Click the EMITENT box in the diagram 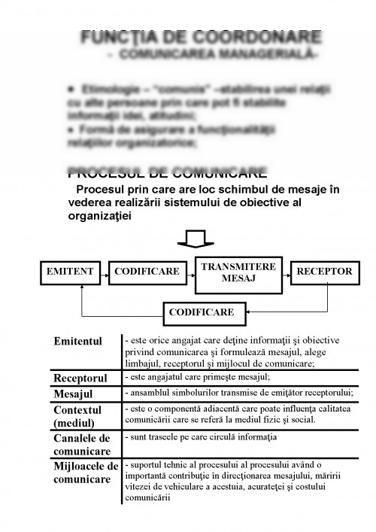tap(70, 271)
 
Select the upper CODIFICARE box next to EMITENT tap(147, 271)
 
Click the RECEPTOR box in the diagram tap(323, 271)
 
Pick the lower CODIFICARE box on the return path tap(201, 312)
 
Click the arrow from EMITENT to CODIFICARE tap(105, 271)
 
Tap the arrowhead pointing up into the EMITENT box tap(80, 287)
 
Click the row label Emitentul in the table tap(77, 342)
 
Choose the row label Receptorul tap(80, 377)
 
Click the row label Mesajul tap(74, 394)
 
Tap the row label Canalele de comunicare tap(81, 444)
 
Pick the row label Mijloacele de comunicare tap(86, 473)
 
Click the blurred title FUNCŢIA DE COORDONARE tap(202, 37)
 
